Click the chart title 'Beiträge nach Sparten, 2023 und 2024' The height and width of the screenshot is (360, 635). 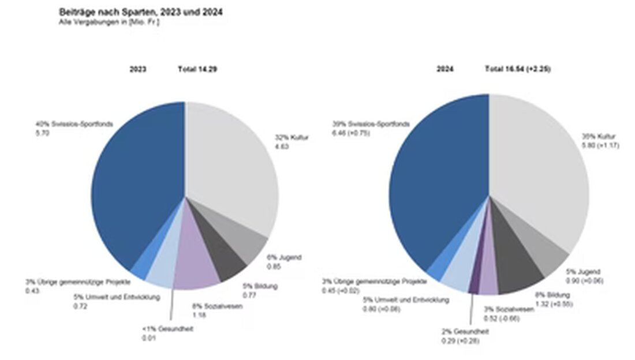[x=141, y=12]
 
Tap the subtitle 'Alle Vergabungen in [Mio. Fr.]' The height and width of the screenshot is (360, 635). [x=109, y=21]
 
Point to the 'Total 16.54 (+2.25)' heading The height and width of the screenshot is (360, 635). [x=518, y=69]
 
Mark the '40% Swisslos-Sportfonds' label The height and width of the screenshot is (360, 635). [x=73, y=123]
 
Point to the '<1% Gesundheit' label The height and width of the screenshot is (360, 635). [x=167, y=329]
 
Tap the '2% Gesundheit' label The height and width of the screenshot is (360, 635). [x=465, y=332]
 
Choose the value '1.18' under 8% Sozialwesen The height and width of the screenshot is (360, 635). [x=198, y=314]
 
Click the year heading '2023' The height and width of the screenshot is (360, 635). [x=138, y=69]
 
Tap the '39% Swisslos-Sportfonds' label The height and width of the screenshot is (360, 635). [x=371, y=123]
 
